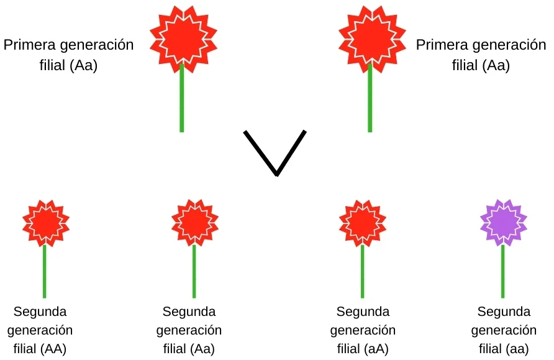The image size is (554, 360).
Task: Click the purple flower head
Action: pyautogui.click(x=503, y=222)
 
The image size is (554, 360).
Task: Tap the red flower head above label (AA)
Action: pyautogui.click(x=45, y=222)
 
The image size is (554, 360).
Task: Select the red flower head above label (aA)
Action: pyautogui.click(x=362, y=222)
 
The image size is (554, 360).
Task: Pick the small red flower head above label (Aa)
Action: pyautogui.click(x=194, y=222)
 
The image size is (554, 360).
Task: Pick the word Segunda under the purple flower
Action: pyautogui.click(x=504, y=311)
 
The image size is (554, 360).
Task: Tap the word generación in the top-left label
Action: pyautogui.click(x=98, y=46)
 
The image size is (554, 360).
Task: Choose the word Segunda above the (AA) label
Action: pyautogui.click(x=40, y=311)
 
